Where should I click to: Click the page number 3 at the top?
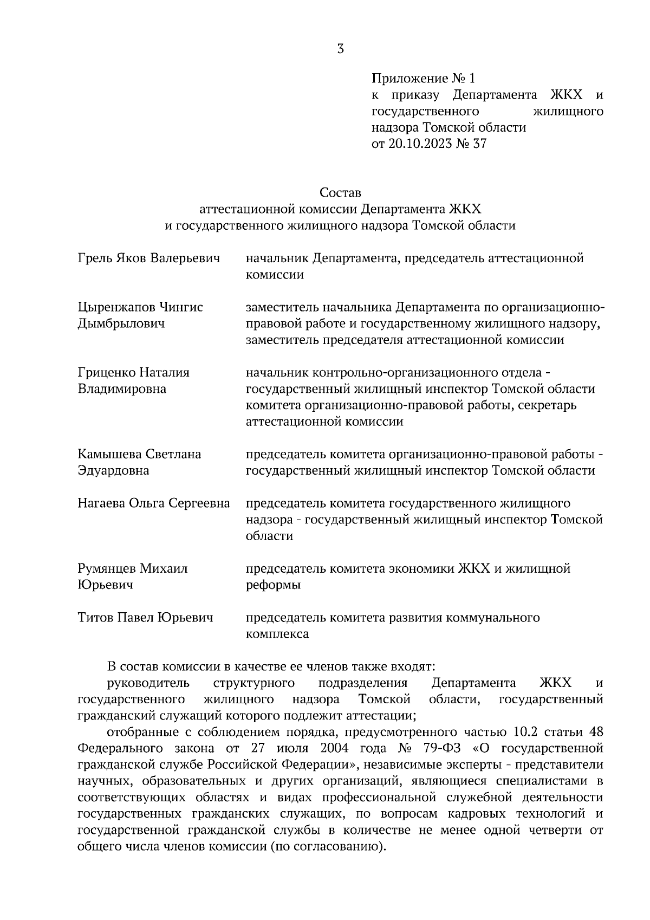340,49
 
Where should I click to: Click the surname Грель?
95,258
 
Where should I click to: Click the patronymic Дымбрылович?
121,324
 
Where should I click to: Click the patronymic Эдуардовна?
113,471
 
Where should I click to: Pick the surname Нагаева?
101,503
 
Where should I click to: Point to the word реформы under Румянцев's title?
274,585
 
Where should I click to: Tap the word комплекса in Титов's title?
277,634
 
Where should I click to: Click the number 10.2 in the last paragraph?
524,733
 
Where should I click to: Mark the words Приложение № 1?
422,79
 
